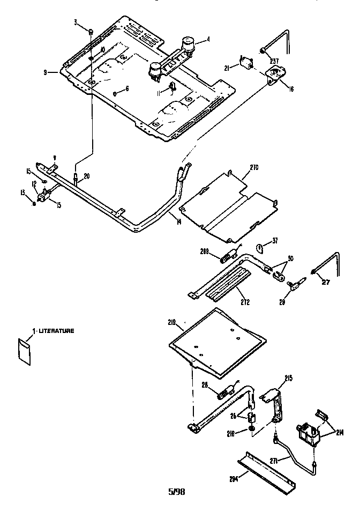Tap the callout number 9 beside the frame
pos(47,72)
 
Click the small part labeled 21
pos(247,65)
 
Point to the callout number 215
pos(289,379)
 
